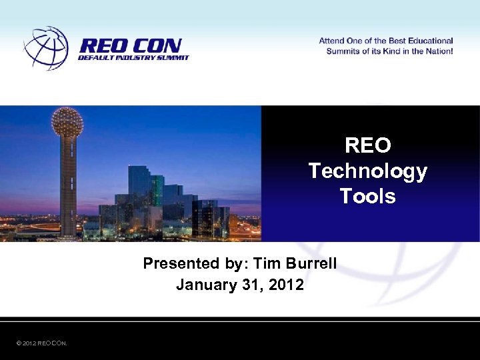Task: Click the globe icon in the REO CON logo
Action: (x=46, y=48)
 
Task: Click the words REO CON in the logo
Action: (x=130, y=46)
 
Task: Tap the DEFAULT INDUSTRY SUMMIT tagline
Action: (x=133, y=58)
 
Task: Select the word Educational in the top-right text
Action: (x=425, y=41)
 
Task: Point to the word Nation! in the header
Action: (x=437, y=51)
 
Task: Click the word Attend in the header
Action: (x=332, y=41)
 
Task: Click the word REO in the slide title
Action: (x=367, y=145)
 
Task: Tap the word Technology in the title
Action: (x=367, y=171)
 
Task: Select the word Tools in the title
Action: (x=367, y=196)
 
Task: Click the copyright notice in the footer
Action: (x=41, y=343)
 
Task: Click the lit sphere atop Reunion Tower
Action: (x=67, y=121)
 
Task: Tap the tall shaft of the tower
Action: (x=68, y=187)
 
